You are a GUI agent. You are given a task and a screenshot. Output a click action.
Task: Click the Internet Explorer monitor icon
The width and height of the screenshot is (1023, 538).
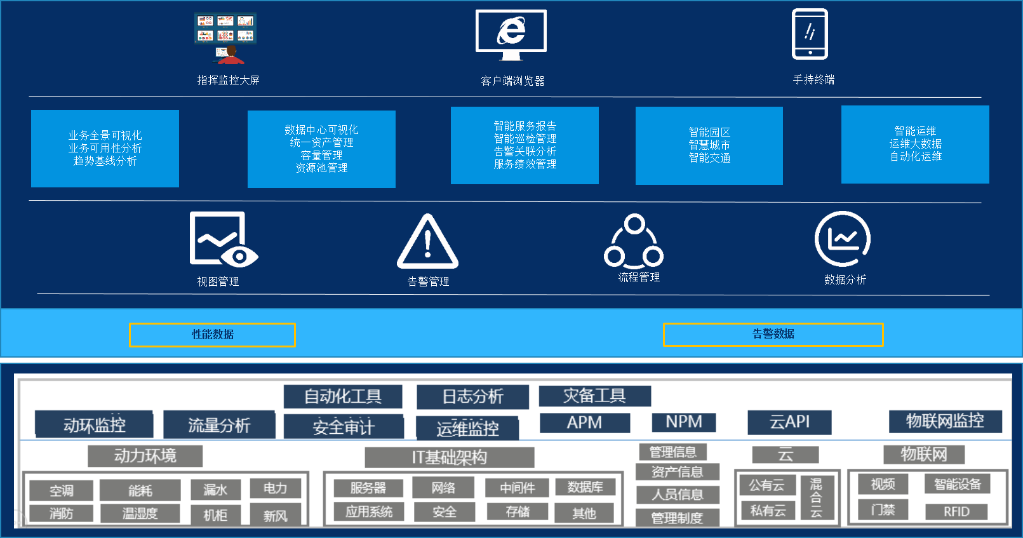click(511, 34)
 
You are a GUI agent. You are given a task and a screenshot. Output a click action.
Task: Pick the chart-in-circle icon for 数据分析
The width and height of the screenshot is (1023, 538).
click(843, 239)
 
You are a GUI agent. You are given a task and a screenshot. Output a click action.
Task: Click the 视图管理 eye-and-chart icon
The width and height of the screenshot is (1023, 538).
click(223, 239)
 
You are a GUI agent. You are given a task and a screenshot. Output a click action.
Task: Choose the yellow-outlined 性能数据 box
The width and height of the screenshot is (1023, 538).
click(212, 335)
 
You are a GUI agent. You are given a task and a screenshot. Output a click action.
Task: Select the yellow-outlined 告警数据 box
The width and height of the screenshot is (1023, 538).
click(773, 334)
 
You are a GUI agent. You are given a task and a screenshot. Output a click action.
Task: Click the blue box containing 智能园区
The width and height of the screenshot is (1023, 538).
click(709, 145)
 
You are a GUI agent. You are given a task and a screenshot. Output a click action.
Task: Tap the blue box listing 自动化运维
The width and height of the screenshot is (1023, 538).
click(915, 144)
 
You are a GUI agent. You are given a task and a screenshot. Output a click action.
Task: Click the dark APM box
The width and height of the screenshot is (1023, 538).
click(585, 422)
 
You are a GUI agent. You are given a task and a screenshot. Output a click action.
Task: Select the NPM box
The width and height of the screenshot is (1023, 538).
click(684, 422)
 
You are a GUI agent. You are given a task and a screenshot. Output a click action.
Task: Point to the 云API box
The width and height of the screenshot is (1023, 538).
click(789, 422)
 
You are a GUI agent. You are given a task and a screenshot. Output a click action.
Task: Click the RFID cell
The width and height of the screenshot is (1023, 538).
click(956, 512)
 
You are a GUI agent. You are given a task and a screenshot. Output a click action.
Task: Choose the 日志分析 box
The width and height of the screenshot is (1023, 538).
click(472, 397)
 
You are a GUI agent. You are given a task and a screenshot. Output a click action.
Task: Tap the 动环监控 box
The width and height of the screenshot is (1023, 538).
click(94, 425)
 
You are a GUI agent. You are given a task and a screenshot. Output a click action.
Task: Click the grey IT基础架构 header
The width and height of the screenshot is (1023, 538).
click(449, 457)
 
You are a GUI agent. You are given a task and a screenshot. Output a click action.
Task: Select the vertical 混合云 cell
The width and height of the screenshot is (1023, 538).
click(816, 497)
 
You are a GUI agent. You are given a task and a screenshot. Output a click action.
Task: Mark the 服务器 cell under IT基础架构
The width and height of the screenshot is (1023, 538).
click(368, 488)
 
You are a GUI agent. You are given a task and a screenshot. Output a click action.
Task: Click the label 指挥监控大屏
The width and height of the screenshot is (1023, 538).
click(228, 80)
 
